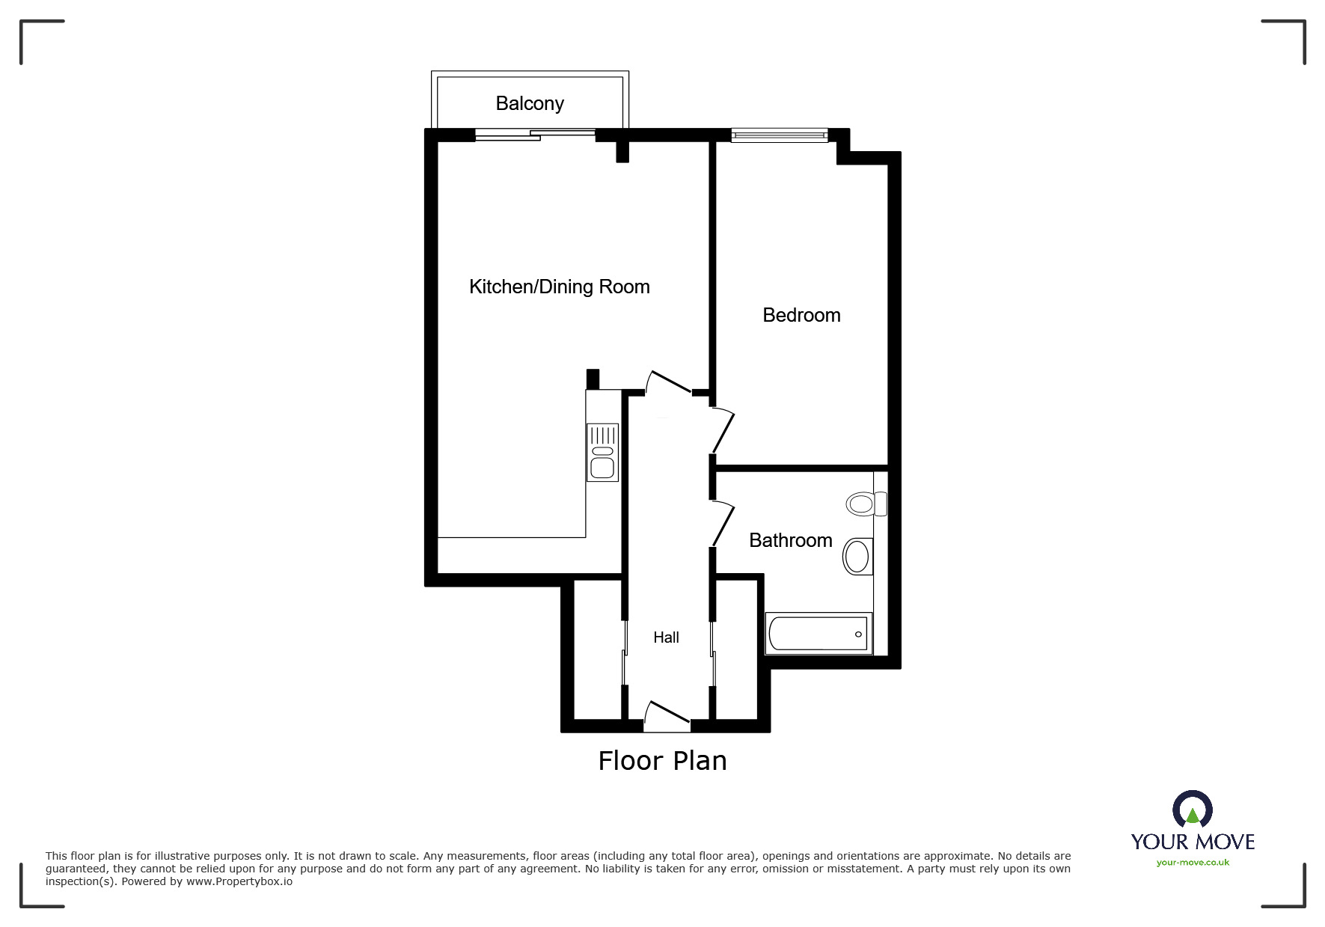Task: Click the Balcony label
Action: click(530, 103)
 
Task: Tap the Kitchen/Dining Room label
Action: click(559, 287)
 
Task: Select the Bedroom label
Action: click(801, 315)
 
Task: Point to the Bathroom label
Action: click(791, 540)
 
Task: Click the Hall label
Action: click(666, 637)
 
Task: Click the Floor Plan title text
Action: click(662, 761)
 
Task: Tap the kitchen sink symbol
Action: click(602, 452)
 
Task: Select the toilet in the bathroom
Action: click(866, 504)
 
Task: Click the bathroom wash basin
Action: click(858, 557)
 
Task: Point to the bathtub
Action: click(818, 634)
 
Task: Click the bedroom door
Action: click(723, 431)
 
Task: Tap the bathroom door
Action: click(723, 523)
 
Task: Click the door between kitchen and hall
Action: click(668, 382)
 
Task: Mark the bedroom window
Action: click(779, 135)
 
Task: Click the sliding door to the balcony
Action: click(535, 135)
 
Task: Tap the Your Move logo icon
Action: click(1192, 810)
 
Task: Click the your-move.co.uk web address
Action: click(1193, 863)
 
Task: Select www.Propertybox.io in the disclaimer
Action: click(239, 881)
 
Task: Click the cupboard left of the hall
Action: click(598, 649)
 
